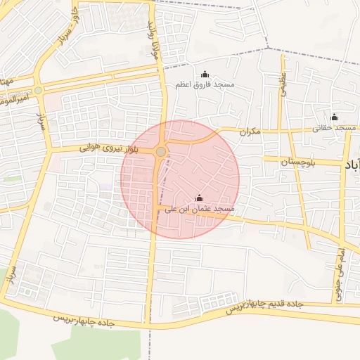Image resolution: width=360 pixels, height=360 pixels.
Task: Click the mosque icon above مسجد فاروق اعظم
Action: tap(205, 75)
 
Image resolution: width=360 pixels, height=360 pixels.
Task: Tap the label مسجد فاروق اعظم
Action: tap(205, 85)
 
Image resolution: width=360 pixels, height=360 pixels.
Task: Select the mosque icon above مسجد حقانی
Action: tap(335, 117)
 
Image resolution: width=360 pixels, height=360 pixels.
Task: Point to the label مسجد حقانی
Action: tap(335, 128)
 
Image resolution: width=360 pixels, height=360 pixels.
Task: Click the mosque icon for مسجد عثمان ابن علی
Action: tap(199, 198)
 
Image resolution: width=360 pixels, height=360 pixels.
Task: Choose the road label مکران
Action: tap(250, 131)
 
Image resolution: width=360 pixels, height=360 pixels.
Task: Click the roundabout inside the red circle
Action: tap(162, 152)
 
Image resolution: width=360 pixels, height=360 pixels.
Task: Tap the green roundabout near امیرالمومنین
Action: tap(38, 91)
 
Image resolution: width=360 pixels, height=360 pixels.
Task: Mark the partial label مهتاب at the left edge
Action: tap(7, 82)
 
